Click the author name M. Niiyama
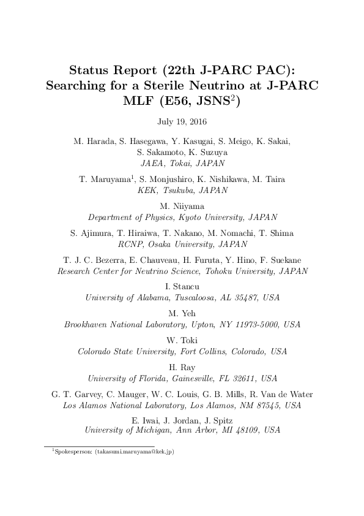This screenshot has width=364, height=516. pos(182,207)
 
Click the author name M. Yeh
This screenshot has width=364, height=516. pos(182,314)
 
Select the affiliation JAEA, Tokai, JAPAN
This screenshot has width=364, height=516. pos(182,164)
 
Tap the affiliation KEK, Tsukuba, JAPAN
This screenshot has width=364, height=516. pos(182,190)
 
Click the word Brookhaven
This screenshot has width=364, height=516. pos(89,325)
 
